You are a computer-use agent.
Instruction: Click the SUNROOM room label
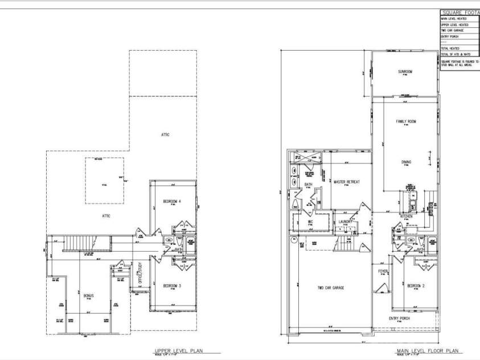coord(405,71)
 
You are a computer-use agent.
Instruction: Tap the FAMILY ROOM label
coord(406,121)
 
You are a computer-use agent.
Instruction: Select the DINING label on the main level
coord(406,162)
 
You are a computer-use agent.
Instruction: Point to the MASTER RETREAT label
coord(347,182)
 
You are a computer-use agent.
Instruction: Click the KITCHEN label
coord(406,217)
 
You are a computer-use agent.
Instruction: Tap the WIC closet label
coord(311,222)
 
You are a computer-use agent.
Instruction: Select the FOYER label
coord(383,271)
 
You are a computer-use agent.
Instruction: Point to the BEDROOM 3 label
coord(171,285)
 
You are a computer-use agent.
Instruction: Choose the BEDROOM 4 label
coord(171,202)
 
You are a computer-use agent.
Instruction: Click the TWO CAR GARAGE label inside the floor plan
coord(330,288)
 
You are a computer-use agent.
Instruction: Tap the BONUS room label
coord(89,296)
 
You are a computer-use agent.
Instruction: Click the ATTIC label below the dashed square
coord(105,215)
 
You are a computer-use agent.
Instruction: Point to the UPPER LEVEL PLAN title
coord(179,351)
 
